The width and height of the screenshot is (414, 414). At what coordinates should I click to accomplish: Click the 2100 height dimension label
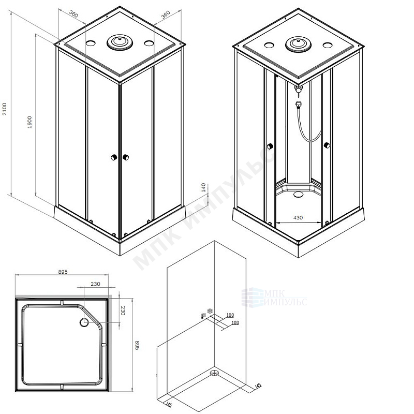5,109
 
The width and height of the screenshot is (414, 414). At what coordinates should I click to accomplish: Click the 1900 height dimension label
29,122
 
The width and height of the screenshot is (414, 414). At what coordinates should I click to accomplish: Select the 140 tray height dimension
203,187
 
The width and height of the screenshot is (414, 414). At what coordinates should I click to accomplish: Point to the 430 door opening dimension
298,217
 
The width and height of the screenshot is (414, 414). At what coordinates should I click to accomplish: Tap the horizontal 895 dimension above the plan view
63,272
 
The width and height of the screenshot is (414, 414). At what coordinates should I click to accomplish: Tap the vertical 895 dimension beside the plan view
137,345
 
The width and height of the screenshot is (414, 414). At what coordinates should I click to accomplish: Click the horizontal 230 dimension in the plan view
95,284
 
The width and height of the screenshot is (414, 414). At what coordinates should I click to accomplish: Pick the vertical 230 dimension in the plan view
123,310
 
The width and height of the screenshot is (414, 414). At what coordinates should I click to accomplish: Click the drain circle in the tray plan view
84,322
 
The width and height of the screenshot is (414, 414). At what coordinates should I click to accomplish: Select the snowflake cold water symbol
210,312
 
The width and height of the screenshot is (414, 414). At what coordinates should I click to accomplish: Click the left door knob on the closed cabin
114,157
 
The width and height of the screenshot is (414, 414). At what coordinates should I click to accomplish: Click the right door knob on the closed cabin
126,157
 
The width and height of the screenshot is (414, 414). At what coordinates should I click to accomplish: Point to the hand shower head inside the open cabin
299,105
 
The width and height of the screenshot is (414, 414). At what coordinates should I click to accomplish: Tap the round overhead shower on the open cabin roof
298,44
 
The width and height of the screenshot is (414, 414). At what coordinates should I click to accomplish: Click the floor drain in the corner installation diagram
214,373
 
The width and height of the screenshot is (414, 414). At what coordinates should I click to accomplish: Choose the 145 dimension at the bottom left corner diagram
169,404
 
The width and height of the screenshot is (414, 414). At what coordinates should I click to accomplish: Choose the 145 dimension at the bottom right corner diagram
258,386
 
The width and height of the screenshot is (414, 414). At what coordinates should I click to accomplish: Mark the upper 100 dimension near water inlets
230,315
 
